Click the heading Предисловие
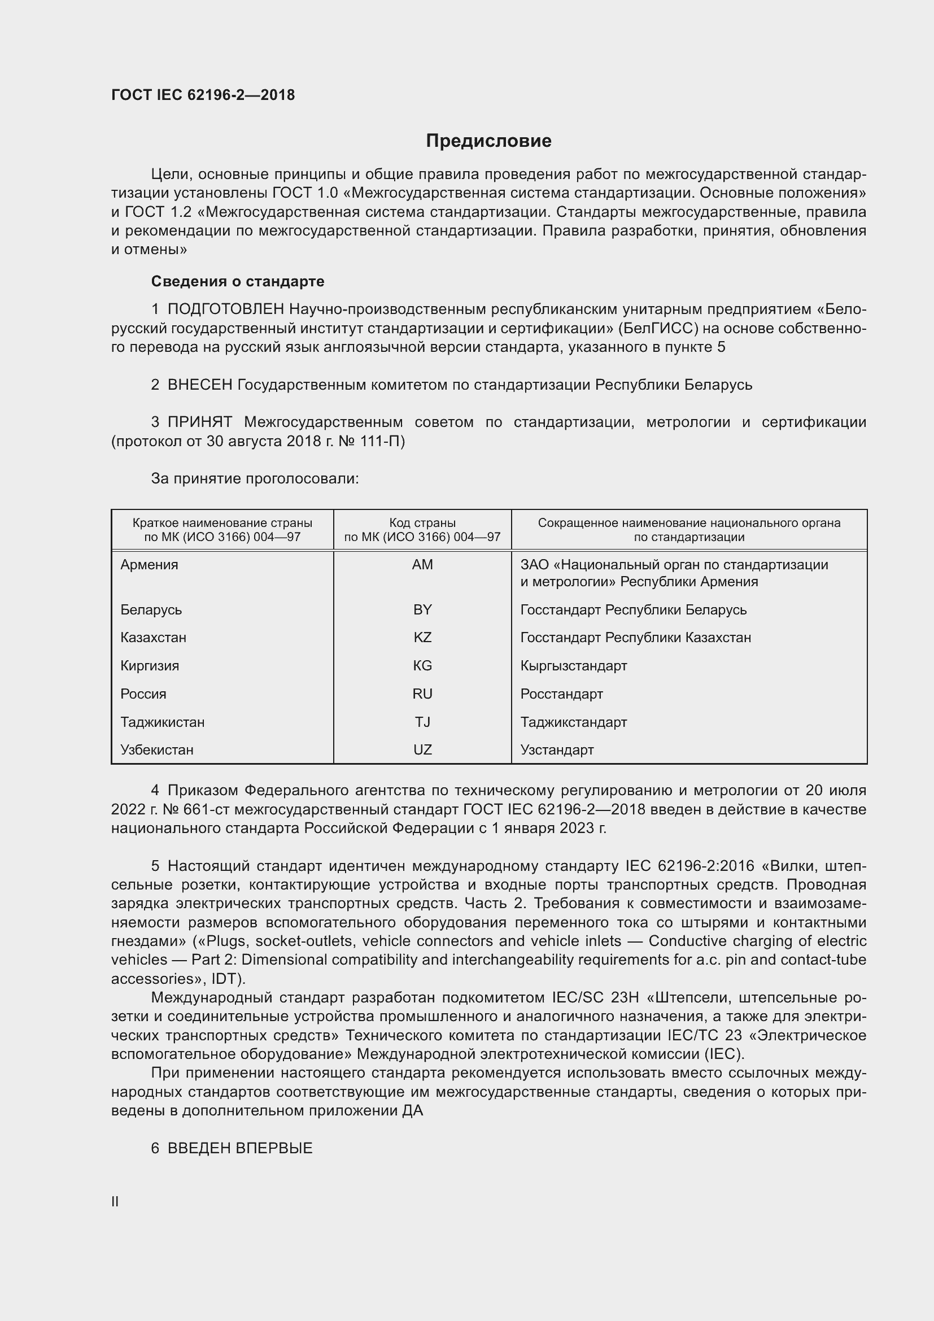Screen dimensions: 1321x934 488,141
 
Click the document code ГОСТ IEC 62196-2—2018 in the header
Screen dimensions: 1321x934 203,95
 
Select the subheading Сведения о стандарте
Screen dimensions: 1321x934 238,281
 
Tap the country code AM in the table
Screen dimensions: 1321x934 422,564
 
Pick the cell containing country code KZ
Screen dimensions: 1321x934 422,638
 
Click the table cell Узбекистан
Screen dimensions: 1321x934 157,749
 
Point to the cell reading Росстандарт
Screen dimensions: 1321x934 561,694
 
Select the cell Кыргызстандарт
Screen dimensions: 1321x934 573,666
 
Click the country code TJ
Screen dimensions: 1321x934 422,722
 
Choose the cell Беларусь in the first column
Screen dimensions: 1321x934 151,609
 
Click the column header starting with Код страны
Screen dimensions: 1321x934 422,530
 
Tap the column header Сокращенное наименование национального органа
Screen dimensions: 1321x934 689,530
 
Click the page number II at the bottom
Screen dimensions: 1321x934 115,1201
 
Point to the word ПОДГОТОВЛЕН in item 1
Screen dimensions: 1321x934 225,309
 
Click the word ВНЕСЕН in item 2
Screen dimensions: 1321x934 199,385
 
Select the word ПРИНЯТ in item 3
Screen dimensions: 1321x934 199,422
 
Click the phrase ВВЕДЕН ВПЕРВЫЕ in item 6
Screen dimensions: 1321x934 240,1148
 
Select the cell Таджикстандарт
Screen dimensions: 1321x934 573,722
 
